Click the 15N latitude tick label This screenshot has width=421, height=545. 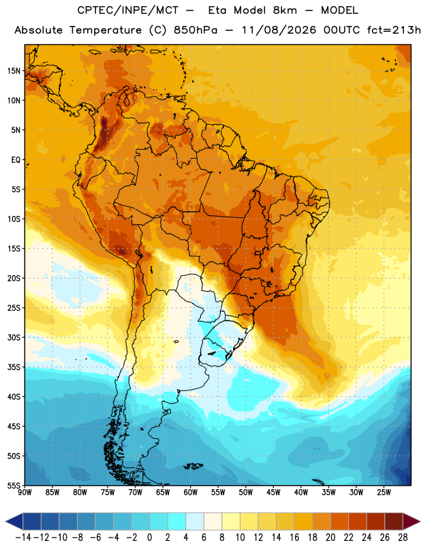click(14, 71)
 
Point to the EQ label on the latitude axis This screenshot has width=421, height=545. click(16, 160)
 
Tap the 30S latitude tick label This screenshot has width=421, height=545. click(14, 337)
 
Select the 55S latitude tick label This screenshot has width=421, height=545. click(14, 485)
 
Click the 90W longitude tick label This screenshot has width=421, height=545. click(25, 493)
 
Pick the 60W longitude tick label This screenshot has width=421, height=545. click(191, 493)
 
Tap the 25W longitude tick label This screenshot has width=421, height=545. click(384, 493)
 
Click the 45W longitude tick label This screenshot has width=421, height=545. click(273, 493)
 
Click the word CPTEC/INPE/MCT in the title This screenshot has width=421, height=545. click(128, 10)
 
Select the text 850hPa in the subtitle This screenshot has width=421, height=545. click(196, 30)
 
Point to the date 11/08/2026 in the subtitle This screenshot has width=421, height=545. click(279, 30)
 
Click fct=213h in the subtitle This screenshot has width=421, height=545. click(394, 30)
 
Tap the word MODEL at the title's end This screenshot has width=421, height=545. click(339, 10)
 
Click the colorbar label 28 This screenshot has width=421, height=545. click(403, 538)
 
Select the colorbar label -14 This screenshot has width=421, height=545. click(23, 538)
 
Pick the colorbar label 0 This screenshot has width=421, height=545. click(150, 538)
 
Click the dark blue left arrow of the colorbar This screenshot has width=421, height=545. click(14, 521)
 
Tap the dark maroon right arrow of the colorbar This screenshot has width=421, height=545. click(411, 521)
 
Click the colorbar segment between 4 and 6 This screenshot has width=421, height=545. click(195, 521)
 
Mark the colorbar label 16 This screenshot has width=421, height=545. click(294, 538)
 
